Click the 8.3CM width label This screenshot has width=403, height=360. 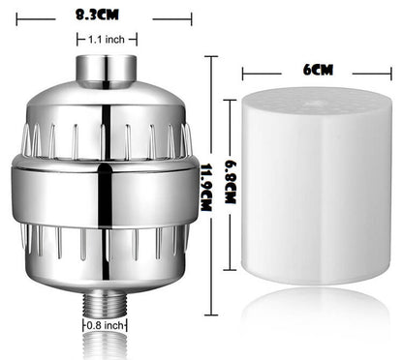point(103,15)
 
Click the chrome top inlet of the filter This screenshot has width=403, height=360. point(103,69)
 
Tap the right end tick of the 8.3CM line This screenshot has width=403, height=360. point(191,15)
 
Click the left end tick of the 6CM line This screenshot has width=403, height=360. point(243,71)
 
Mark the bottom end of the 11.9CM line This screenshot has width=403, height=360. point(210,315)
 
